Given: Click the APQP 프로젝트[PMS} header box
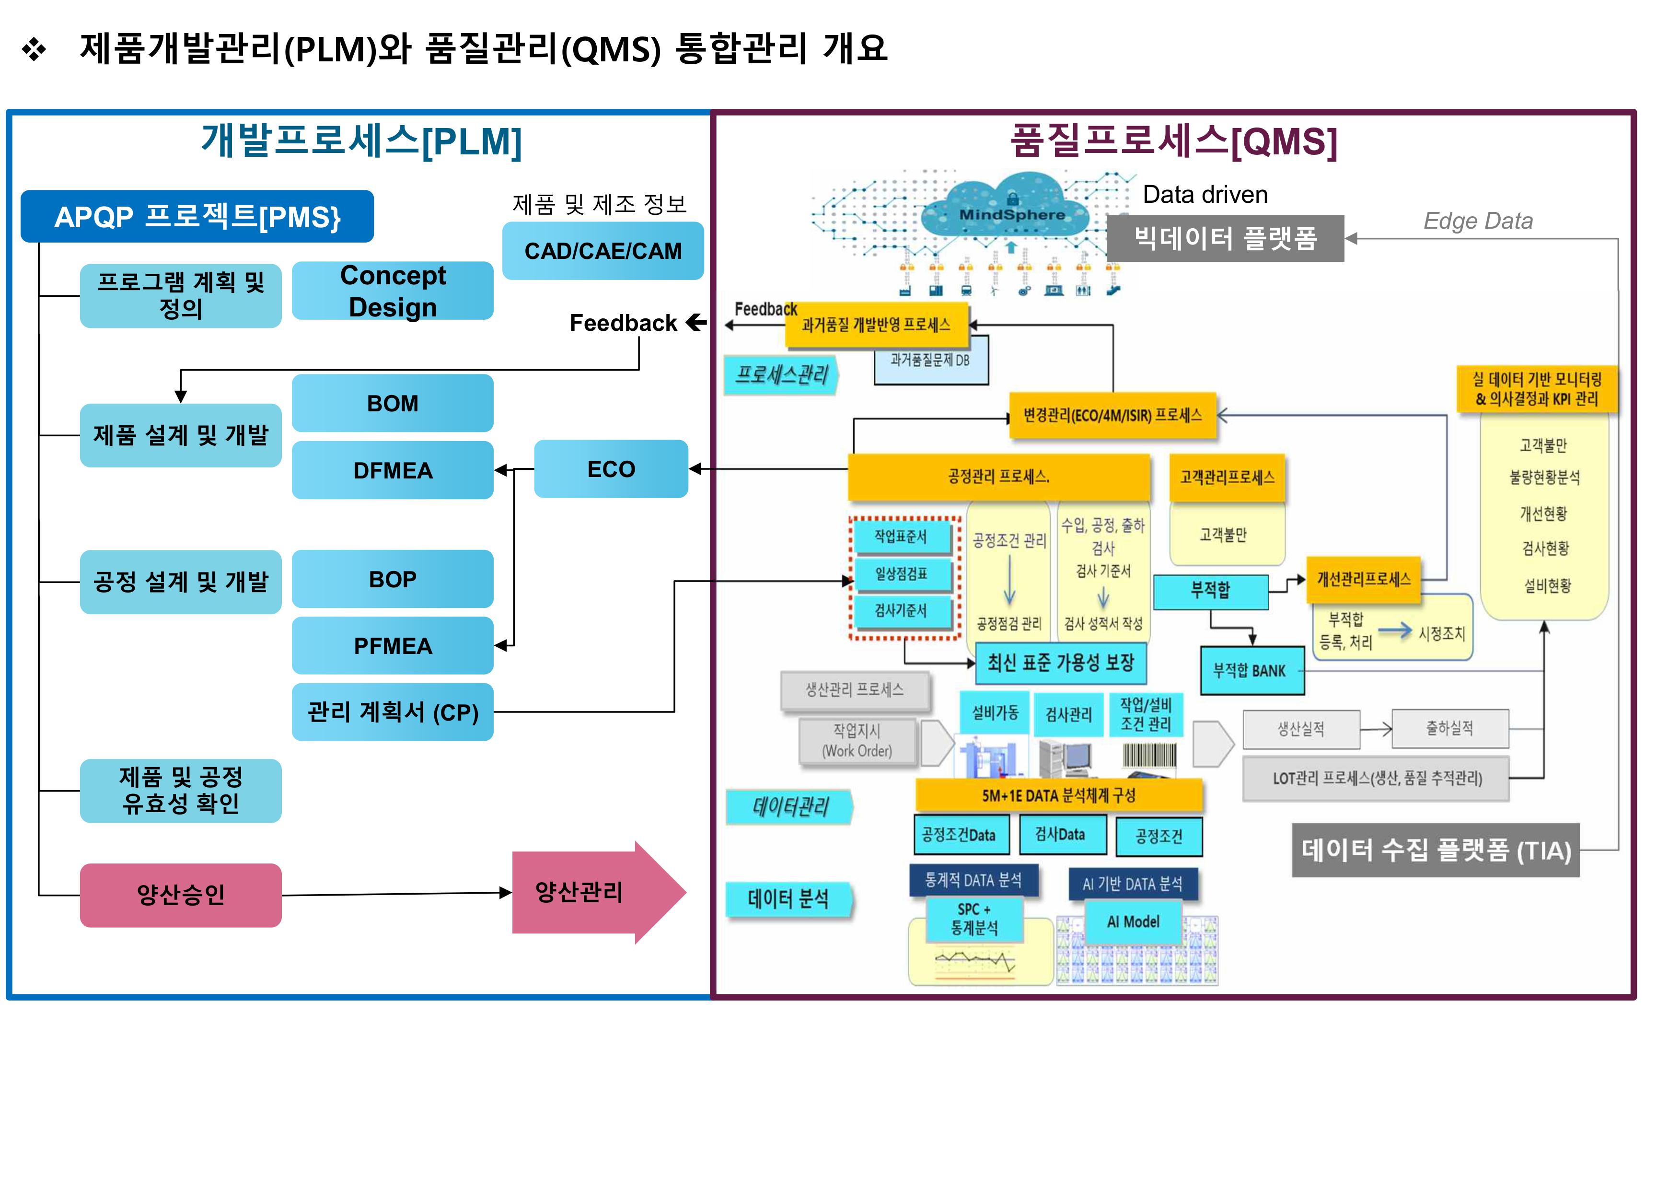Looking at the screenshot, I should click(x=197, y=217).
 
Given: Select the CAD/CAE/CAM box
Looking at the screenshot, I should click(x=602, y=251).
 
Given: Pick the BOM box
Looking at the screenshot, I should click(x=393, y=403).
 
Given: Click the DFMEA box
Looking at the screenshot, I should click(x=393, y=470).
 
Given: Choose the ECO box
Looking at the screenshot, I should click(x=611, y=469).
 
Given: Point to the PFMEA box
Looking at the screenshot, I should click(x=393, y=646).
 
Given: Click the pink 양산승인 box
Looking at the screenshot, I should click(x=181, y=895).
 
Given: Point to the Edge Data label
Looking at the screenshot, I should click(x=1477, y=221).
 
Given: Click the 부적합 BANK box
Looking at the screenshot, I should click(x=1252, y=671).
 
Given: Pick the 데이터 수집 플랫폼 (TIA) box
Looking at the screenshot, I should click(x=1436, y=850).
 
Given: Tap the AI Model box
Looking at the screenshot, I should click(x=1133, y=922).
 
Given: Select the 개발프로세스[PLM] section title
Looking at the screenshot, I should click(x=361, y=141).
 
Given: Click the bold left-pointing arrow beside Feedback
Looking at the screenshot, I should click(x=696, y=322).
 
